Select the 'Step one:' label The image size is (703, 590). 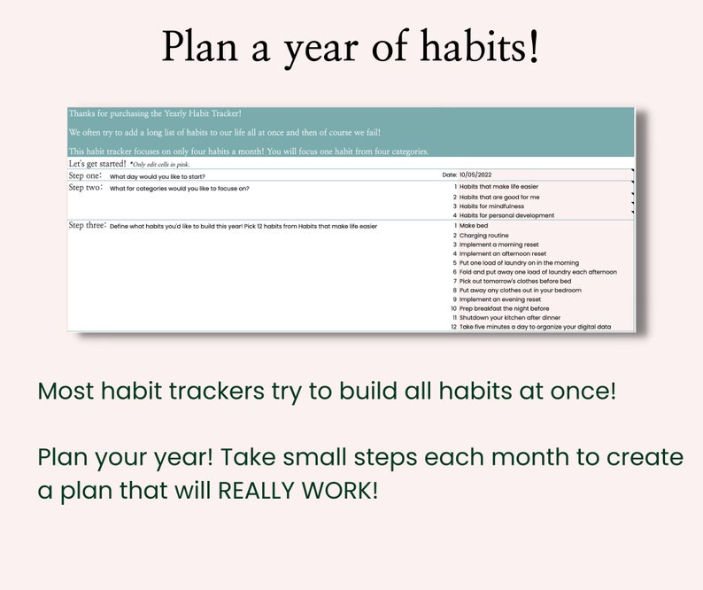click(x=86, y=175)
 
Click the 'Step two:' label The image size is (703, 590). click(x=86, y=188)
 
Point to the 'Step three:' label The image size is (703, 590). click(x=88, y=225)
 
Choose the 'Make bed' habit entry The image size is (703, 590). click(x=474, y=226)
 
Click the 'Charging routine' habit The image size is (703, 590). click(x=484, y=236)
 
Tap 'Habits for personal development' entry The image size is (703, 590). click(x=506, y=215)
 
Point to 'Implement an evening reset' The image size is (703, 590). click(x=500, y=299)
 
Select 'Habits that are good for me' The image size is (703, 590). click(x=499, y=197)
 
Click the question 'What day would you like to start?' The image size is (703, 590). click(x=158, y=176)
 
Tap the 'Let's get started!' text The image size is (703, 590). click(x=97, y=164)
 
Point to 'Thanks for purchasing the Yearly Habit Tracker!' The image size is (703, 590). click(x=155, y=113)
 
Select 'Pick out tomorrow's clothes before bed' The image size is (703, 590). click(x=515, y=281)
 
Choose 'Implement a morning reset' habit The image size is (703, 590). click(x=498, y=245)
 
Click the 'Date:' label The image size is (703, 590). click(x=450, y=175)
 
